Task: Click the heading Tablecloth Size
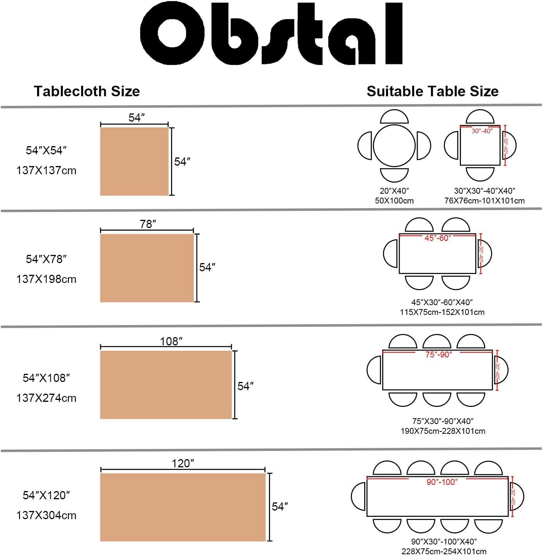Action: pos(87,91)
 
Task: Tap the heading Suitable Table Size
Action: pos(433,91)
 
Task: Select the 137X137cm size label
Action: pos(46,171)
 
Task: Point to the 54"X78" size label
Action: pos(46,259)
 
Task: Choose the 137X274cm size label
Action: pos(46,398)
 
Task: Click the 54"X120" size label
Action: pos(46,495)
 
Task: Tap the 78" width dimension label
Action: pos(148,224)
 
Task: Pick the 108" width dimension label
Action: pos(171,341)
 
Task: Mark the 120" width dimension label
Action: pos(183,463)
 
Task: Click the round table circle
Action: pos(394,145)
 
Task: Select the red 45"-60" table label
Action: pos(438,238)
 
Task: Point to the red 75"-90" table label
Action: pos(438,355)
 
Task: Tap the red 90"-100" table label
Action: pos(442,482)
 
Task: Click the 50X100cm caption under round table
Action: pos(394,201)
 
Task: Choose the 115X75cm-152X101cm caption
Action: pos(442,312)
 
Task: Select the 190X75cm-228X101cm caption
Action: pos(443,431)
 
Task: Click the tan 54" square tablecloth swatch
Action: pos(134,161)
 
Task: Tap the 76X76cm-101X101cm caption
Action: pos(484,201)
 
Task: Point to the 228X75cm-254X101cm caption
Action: pos(444,551)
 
